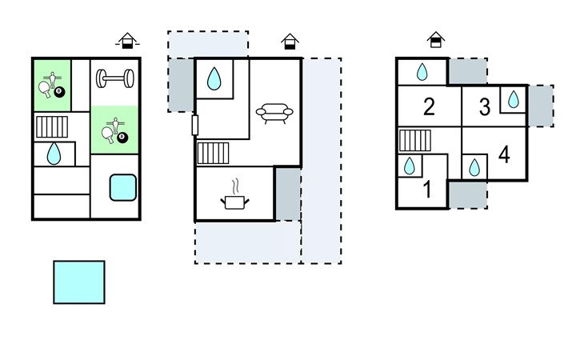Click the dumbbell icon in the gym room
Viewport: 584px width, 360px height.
[x=115, y=78]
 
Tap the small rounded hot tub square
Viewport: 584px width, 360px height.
[x=123, y=188]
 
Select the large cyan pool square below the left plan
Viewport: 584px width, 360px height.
[x=79, y=282]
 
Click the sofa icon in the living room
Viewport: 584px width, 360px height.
[x=274, y=113]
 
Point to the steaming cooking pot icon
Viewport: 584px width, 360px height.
[x=235, y=195]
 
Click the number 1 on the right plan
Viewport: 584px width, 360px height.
[x=427, y=189]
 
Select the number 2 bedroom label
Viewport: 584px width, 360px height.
[x=429, y=107]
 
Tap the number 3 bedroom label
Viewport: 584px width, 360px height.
[x=485, y=107]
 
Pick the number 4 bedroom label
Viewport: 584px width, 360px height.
[x=504, y=155]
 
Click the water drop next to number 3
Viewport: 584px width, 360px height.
[x=514, y=99]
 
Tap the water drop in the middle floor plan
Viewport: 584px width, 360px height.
[x=214, y=78]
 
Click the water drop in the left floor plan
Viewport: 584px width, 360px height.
[x=54, y=154]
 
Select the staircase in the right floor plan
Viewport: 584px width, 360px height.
[x=415, y=141]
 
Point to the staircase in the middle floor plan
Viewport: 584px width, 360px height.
[x=213, y=153]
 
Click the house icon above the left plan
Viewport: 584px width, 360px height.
[x=127, y=41]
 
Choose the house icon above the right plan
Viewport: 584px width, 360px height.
[x=436, y=40]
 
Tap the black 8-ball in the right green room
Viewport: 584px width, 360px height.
[x=122, y=138]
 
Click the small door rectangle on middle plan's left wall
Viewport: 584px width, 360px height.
[x=194, y=125]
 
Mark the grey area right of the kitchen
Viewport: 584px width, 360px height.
[x=288, y=194]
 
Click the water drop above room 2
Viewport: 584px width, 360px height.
[x=422, y=72]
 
